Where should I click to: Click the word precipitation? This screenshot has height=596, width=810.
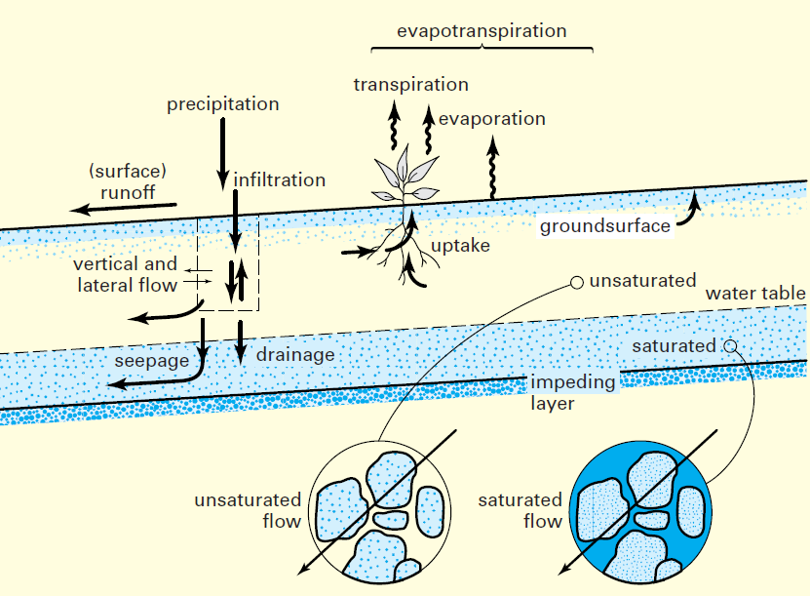point(222,104)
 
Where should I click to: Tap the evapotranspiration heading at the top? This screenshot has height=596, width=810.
point(482,31)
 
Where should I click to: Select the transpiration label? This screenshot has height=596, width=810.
point(410,85)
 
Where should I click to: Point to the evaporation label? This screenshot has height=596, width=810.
point(491,119)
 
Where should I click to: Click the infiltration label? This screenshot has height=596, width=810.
point(279,180)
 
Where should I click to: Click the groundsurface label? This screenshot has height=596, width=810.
point(605,226)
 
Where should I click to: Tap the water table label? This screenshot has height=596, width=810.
point(755,294)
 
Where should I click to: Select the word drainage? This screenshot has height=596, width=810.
point(295,355)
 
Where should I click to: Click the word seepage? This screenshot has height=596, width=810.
point(153,361)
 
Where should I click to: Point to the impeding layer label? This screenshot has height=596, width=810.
point(572,392)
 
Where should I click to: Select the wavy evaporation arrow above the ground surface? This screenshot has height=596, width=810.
point(493,169)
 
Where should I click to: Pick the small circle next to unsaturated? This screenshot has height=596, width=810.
point(576,283)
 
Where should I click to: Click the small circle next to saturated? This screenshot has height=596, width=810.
point(729,345)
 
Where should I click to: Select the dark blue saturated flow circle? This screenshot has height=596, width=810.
point(640,512)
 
